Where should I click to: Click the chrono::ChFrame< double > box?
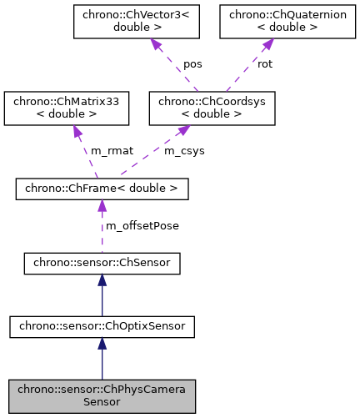pos(102,189)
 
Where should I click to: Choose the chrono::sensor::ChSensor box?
pos(102,264)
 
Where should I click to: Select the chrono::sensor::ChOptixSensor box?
pos(102,327)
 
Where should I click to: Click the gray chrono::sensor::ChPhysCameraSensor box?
pos(102,395)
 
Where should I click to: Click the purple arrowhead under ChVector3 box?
pos(156,45)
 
